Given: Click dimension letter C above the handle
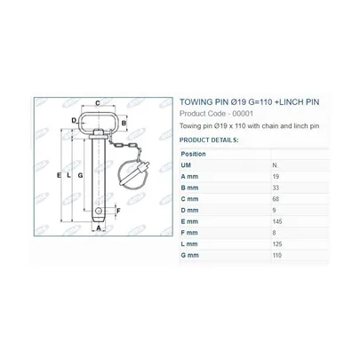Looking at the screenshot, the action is click(97, 103).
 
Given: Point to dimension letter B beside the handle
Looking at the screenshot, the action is click(124, 123).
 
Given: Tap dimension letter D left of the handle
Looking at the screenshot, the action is click(74, 120).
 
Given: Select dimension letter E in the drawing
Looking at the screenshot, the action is click(59, 175).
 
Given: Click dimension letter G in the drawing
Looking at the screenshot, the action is click(80, 175).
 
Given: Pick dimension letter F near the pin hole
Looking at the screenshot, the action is click(118, 211).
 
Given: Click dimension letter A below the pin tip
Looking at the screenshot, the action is click(99, 228).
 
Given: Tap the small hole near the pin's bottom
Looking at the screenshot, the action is click(99, 211).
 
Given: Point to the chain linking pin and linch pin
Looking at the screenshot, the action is click(123, 145).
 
